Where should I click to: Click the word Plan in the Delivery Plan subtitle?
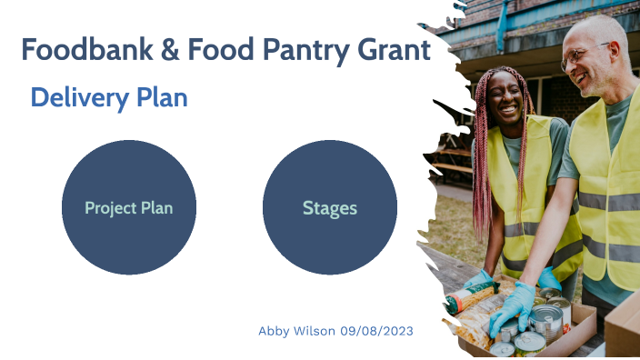tap(165, 97)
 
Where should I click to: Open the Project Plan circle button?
tap(129, 207)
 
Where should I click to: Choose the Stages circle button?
tap(330, 207)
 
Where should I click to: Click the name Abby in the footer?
tap(274, 331)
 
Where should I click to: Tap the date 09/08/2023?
tap(376, 331)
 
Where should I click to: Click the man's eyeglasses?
tap(578, 56)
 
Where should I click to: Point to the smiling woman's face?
tap(505, 98)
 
